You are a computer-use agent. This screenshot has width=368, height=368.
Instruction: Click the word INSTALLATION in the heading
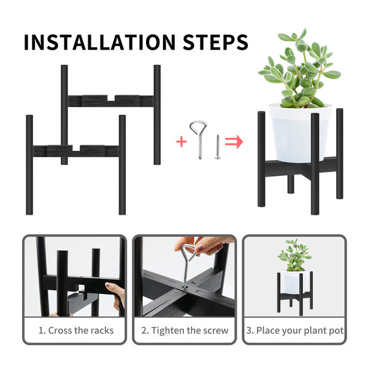[x=100, y=42]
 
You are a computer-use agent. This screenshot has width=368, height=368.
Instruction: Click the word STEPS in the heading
[x=215, y=42]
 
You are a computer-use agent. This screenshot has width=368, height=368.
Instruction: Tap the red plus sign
[x=182, y=142]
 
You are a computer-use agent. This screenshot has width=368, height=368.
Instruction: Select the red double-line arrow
[x=234, y=142]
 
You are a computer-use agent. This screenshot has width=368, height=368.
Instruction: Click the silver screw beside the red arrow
[x=218, y=147]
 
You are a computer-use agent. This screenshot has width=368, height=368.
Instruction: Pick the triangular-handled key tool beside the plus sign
[x=199, y=139]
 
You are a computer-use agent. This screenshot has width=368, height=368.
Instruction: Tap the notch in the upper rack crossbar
[x=111, y=98]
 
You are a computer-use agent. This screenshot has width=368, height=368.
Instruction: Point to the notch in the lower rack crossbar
[x=76, y=148]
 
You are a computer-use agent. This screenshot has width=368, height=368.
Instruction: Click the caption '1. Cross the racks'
[x=76, y=331]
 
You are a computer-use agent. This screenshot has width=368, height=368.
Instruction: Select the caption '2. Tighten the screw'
[x=185, y=331]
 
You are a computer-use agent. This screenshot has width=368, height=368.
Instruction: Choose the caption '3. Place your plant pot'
[x=295, y=331]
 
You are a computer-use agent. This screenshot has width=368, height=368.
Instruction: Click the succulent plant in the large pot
[x=299, y=69]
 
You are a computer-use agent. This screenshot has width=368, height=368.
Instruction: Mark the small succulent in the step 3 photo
[x=294, y=256]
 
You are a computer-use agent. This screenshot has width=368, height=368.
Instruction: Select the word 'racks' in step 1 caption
[x=102, y=331]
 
